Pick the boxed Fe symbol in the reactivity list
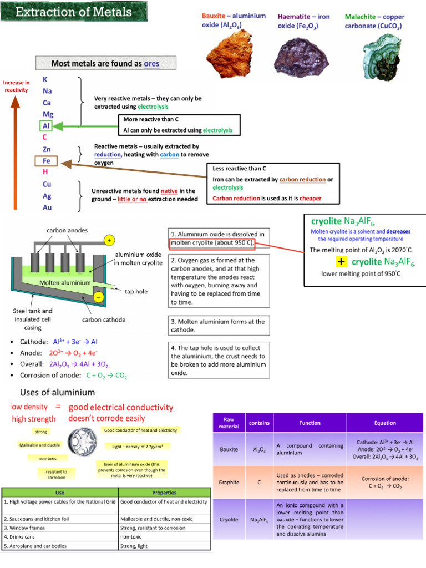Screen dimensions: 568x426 (47, 161)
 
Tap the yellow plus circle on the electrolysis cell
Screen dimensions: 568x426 (109, 240)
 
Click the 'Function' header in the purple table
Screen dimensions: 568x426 (310, 423)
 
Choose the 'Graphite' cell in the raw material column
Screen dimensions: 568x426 (229, 482)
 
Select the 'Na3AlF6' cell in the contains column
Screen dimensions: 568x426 (259, 520)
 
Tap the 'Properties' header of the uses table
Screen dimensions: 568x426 (164, 493)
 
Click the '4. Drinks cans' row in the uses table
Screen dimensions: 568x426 (59, 537)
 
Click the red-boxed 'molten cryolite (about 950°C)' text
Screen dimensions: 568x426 (212, 243)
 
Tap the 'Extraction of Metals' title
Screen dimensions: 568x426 (74, 12)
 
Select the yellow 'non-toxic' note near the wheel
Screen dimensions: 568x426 (43, 458)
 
